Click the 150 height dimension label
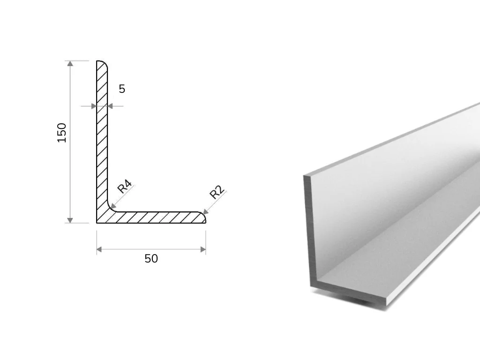click(62, 133)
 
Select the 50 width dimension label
click(151, 259)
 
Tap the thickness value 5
click(122, 89)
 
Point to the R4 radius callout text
click(125, 187)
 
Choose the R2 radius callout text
click(217, 192)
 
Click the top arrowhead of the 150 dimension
click(70, 63)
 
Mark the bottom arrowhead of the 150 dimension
click(70, 220)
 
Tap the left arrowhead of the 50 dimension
click(99, 249)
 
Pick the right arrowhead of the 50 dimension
click(203, 249)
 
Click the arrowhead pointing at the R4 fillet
click(113, 206)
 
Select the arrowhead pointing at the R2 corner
click(206, 211)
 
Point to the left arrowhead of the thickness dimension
click(94, 106)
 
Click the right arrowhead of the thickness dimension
click(110, 106)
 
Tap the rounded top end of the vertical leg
click(102, 63)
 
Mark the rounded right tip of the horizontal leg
click(202, 217)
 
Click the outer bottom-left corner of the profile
click(97, 223)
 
